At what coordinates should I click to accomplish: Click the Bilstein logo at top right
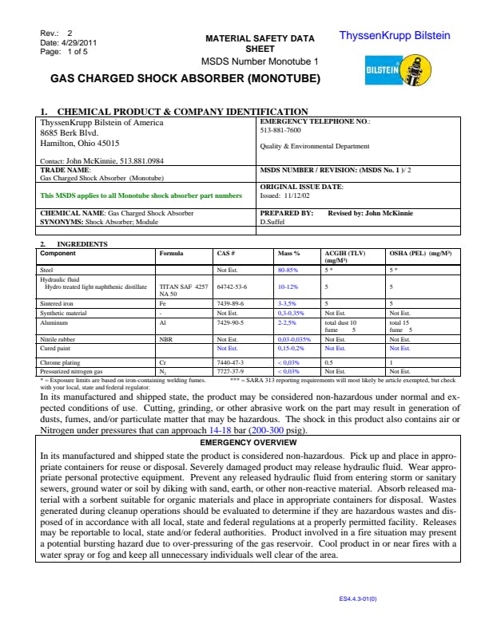(x=398, y=69)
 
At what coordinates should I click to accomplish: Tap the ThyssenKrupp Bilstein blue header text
(x=395, y=36)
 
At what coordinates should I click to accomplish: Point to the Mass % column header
(x=288, y=254)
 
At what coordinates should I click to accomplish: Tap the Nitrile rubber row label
(x=58, y=339)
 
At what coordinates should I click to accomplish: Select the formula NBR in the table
(x=166, y=339)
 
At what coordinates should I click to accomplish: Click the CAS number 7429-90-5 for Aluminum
(x=232, y=322)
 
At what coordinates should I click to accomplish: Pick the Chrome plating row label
(x=60, y=361)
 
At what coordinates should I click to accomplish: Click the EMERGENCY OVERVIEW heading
(x=248, y=441)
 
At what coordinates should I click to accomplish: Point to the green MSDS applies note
(x=141, y=195)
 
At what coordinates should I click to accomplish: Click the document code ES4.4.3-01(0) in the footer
(x=358, y=598)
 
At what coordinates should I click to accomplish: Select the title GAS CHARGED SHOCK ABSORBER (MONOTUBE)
(x=185, y=79)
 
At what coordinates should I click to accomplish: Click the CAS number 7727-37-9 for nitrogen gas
(x=231, y=371)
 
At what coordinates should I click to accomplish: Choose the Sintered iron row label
(x=57, y=304)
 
